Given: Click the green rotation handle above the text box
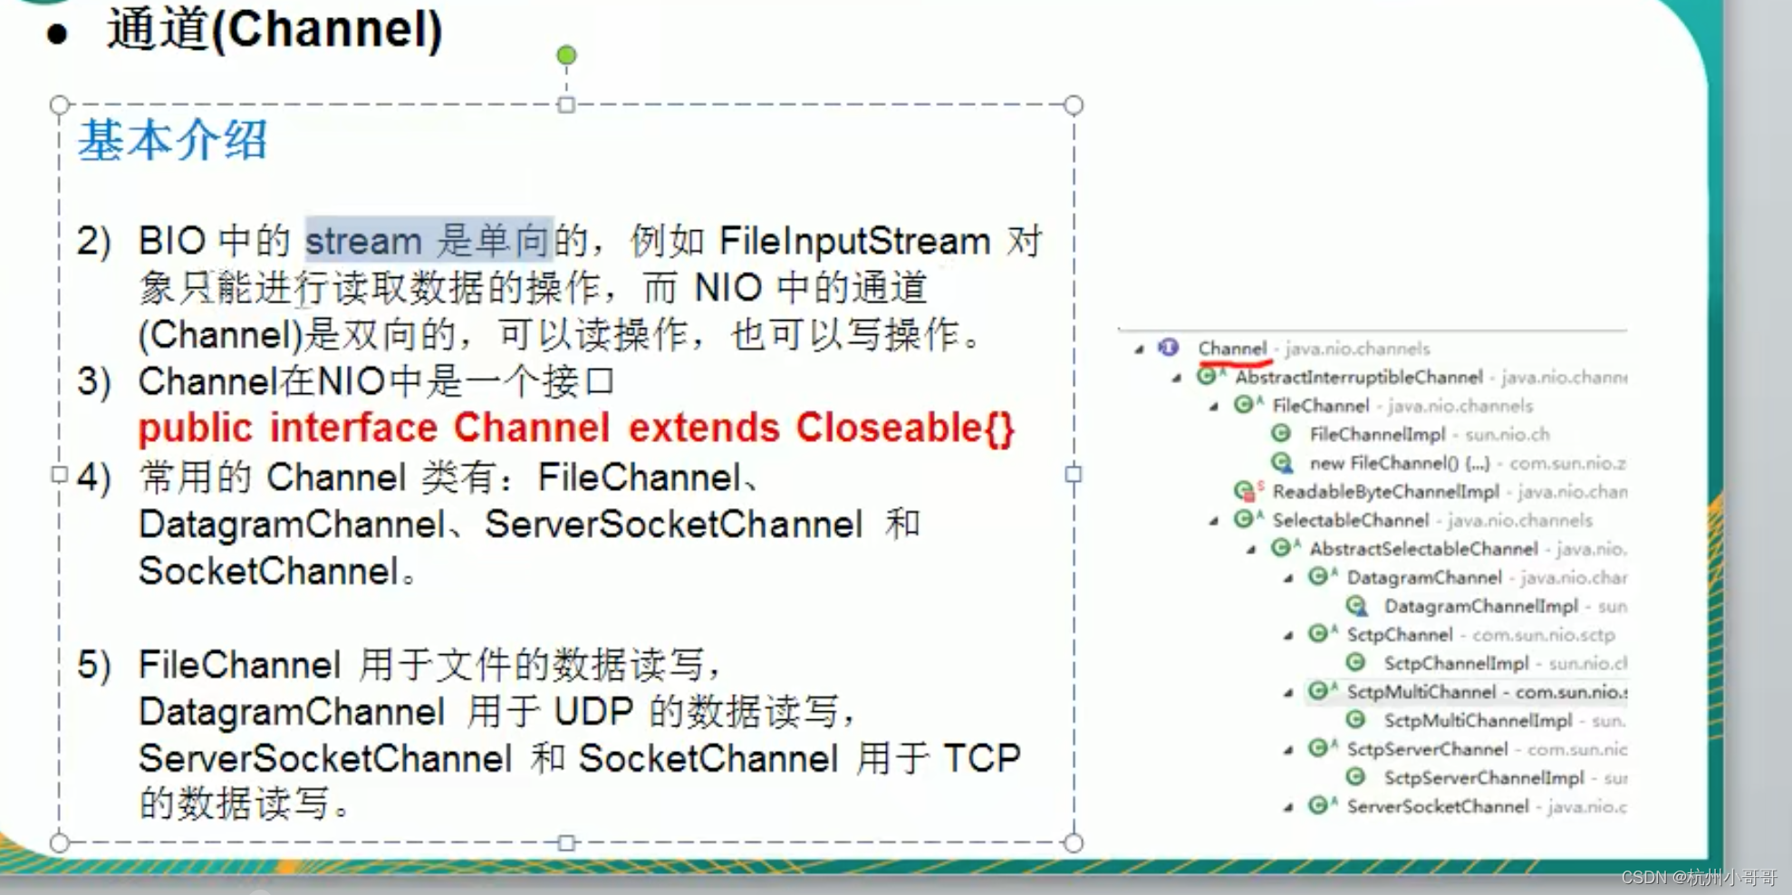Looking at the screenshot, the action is (566, 56).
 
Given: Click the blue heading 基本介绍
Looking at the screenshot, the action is (172, 141).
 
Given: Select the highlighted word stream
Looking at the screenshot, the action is (363, 242).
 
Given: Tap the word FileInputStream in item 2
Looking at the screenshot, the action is (854, 242).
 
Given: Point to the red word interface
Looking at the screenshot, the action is (353, 428).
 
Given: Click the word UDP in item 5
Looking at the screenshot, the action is (593, 712).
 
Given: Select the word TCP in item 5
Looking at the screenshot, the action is (981, 758).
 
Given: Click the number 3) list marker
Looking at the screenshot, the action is (94, 382).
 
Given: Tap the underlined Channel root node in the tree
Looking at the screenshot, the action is (1232, 349).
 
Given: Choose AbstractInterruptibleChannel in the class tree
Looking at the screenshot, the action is (1358, 377).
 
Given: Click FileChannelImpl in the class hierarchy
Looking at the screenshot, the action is (1377, 435).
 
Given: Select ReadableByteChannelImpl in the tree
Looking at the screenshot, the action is (1385, 492).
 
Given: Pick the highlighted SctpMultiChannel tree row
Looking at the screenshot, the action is (1421, 692).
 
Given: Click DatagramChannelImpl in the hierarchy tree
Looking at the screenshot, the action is (1480, 606).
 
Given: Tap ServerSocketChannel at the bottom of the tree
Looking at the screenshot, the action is (1437, 806).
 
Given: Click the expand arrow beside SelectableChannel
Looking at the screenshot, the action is (1214, 521).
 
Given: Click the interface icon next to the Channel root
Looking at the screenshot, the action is (1169, 348).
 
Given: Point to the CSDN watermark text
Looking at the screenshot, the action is (1698, 877).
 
